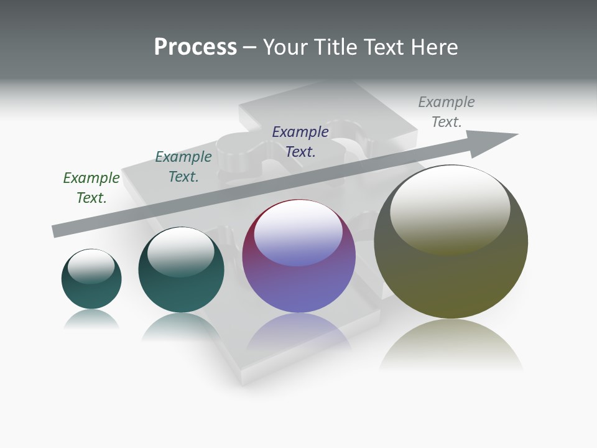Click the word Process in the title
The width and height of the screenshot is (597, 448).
tap(195, 47)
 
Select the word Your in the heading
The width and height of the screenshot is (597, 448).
tap(285, 47)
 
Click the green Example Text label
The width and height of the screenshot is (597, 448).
tap(91, 187)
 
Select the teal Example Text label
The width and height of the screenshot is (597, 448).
tap(183, 166)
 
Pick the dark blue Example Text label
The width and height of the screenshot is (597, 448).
tap(300, 141)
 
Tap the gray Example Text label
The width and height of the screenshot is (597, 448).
tap(447, 111)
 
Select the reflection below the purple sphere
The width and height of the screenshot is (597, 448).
tap(298, 333)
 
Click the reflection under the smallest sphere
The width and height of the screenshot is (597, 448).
tap(91, 320)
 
